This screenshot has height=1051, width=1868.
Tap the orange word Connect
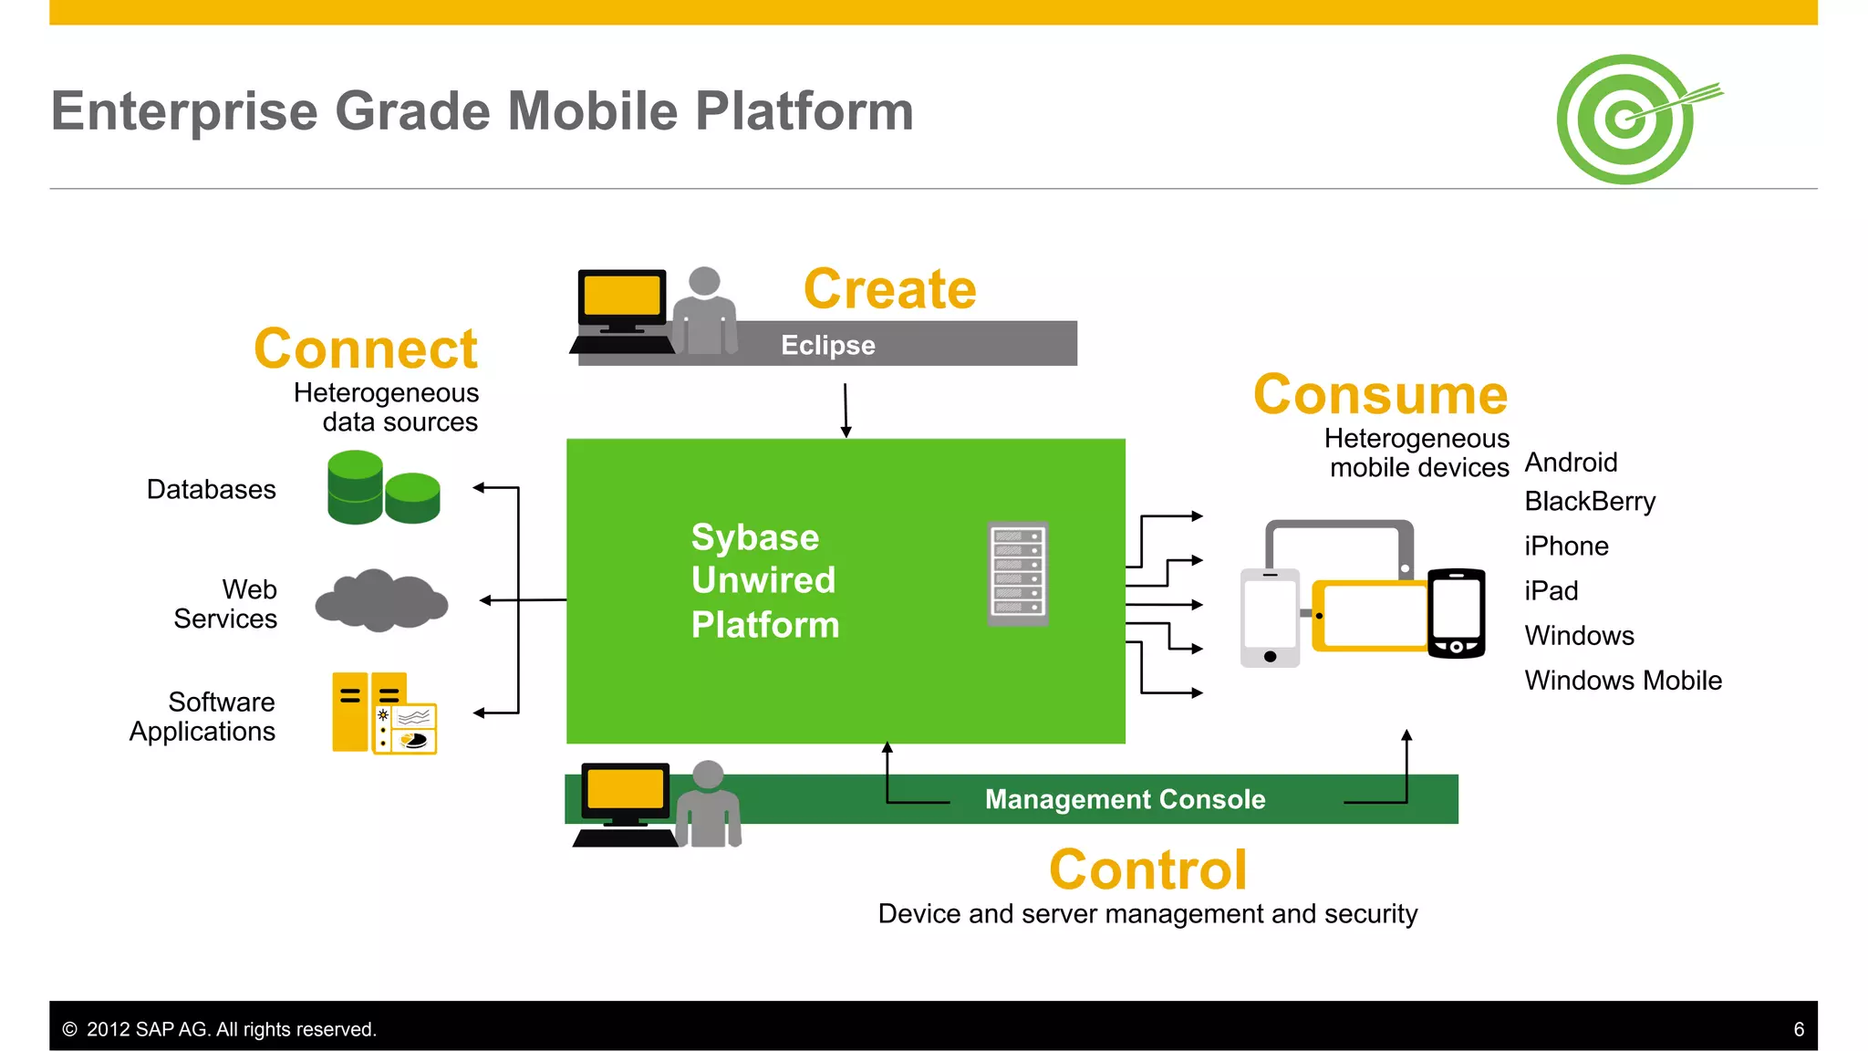pos(366,349)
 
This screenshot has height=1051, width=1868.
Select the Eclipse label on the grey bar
pos(827,345)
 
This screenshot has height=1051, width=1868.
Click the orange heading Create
pos(889,289)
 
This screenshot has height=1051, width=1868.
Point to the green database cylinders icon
pos(383,488)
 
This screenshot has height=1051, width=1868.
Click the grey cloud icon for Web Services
pos(381,600)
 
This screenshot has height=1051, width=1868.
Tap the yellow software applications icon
pos(384,713)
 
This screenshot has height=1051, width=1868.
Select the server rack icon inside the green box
pos(1018,574)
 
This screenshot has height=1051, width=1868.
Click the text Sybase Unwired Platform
pos(764,580)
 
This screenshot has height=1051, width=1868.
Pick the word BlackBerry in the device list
pos(1589,502)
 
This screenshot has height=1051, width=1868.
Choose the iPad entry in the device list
pos(1551,591)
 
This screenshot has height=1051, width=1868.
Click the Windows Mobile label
pos(1623,681)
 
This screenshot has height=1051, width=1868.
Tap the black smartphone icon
pos(1456,613)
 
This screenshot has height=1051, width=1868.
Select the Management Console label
pos(1125,799)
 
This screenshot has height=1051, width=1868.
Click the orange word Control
pos(1147,869)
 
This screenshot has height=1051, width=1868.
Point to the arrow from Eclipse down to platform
pos(846,411)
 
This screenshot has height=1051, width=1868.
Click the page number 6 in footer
pos(1799,1029)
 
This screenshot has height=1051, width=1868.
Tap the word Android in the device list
pos(1571,463)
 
